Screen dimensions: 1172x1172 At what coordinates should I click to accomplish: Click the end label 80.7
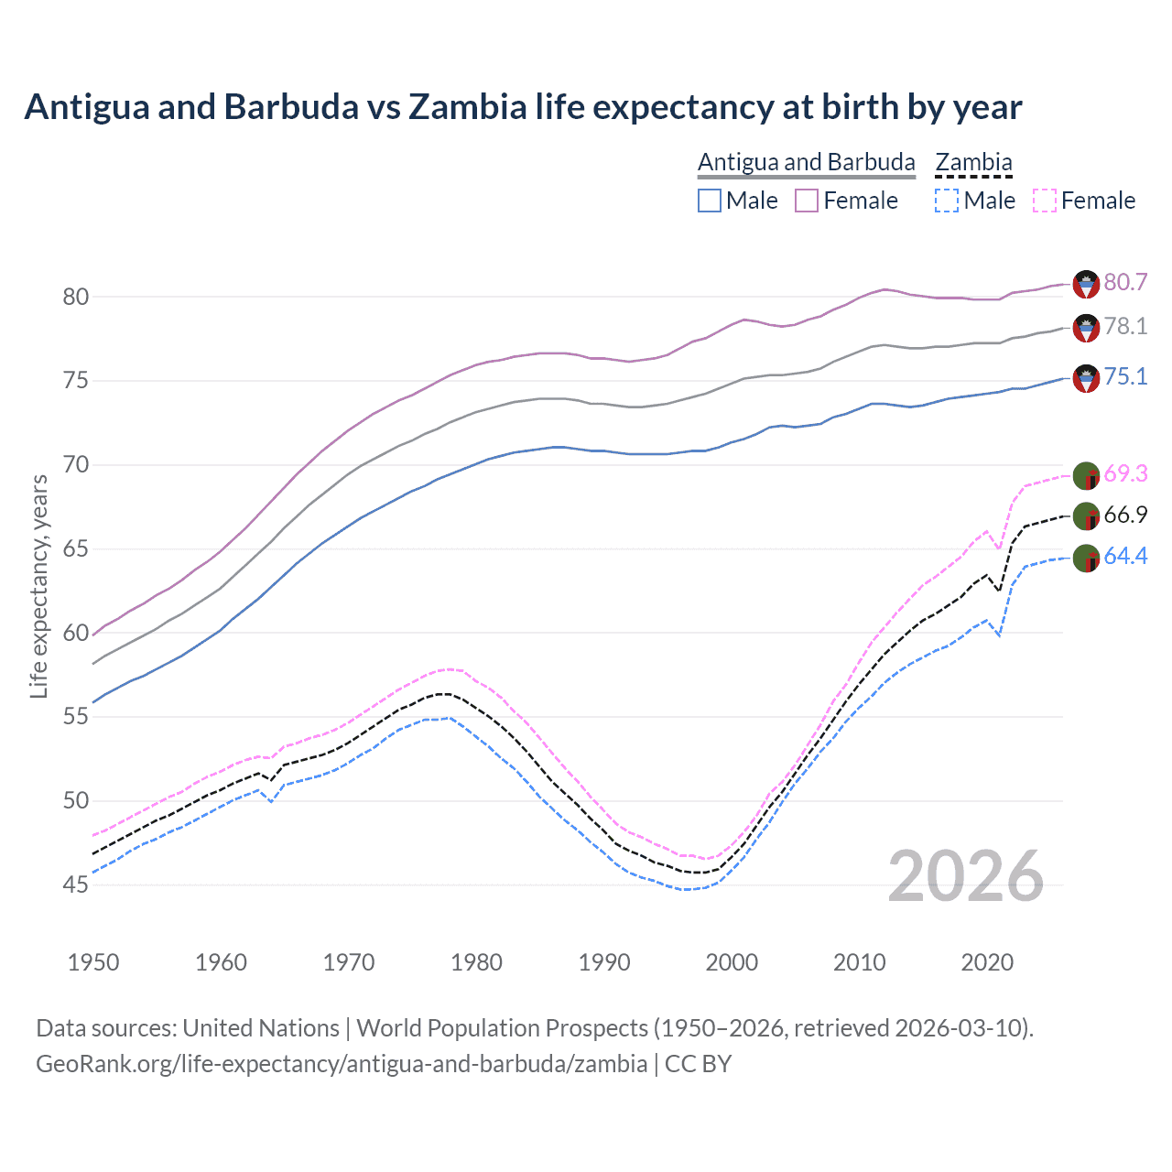1125,283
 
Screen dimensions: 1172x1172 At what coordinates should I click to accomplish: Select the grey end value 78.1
1125,327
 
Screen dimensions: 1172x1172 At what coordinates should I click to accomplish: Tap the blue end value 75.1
1125,377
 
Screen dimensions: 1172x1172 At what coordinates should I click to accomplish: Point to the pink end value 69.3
1125,474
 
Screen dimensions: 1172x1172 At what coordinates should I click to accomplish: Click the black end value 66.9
1125,515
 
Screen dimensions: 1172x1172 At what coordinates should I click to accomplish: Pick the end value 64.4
1125,557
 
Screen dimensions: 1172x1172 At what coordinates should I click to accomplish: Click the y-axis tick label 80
76,297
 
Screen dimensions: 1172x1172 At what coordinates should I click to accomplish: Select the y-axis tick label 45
76,884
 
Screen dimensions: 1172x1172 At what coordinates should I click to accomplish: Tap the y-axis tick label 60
76,633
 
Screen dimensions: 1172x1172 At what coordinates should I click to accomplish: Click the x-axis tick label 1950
93,962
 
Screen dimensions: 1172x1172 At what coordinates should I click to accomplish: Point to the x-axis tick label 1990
604,962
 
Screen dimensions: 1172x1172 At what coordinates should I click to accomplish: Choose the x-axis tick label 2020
987,962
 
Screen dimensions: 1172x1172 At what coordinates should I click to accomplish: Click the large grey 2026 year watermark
965,876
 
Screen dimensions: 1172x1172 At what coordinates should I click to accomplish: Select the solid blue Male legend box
710,201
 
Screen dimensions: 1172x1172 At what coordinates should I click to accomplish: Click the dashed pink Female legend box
1045,201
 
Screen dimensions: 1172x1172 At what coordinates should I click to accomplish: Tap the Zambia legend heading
973,162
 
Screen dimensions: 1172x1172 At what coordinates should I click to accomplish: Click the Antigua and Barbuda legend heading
806,162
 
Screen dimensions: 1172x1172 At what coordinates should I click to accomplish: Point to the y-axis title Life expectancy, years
38,586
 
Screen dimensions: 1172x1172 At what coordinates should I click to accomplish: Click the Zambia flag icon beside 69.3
1086,476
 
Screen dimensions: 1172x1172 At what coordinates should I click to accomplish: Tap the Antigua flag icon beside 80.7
1086,284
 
